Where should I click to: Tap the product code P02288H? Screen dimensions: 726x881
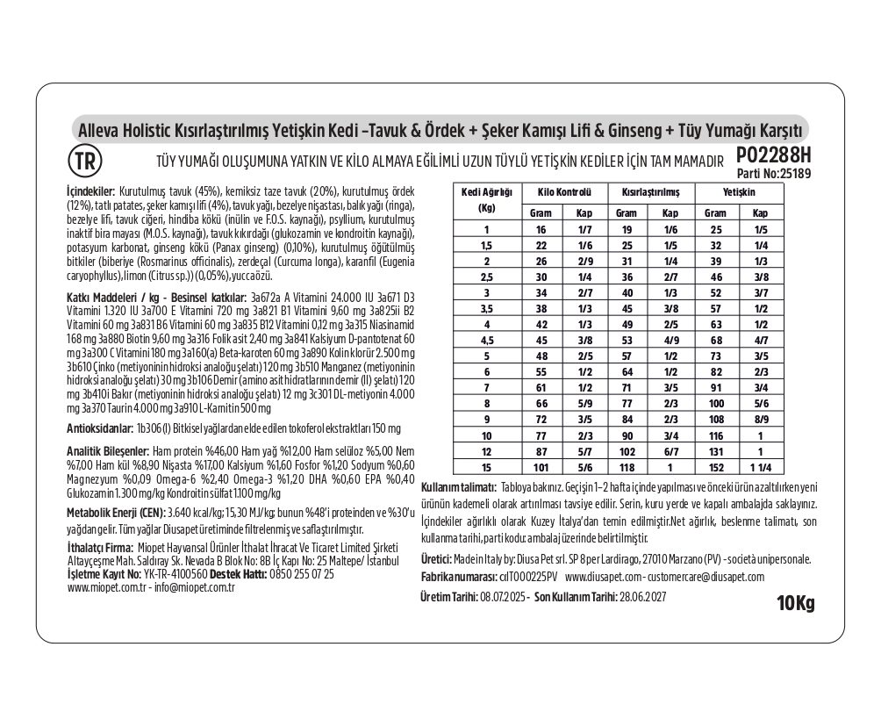pyautogui.click(x=770, y=155)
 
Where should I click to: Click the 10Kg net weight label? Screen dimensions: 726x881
pyautogui.click(x=795, y=603)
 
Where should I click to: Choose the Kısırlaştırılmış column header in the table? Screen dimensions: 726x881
pyautogui.click(x=649, y=190)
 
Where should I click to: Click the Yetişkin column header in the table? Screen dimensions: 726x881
pyautogui.click(x=739, y=190)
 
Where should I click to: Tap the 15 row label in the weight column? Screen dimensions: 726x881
pyautogui.click(x=485, y=466)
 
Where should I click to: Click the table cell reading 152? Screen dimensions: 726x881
pyautogui.click(x=716, y=466)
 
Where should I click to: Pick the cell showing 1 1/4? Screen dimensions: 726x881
pyautogui.click(x=762, y=466)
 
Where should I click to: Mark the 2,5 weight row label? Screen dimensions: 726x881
pyautogui.click(x=485, y=276)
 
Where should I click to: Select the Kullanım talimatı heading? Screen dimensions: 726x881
pyautogui.click(x=459, y=488)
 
